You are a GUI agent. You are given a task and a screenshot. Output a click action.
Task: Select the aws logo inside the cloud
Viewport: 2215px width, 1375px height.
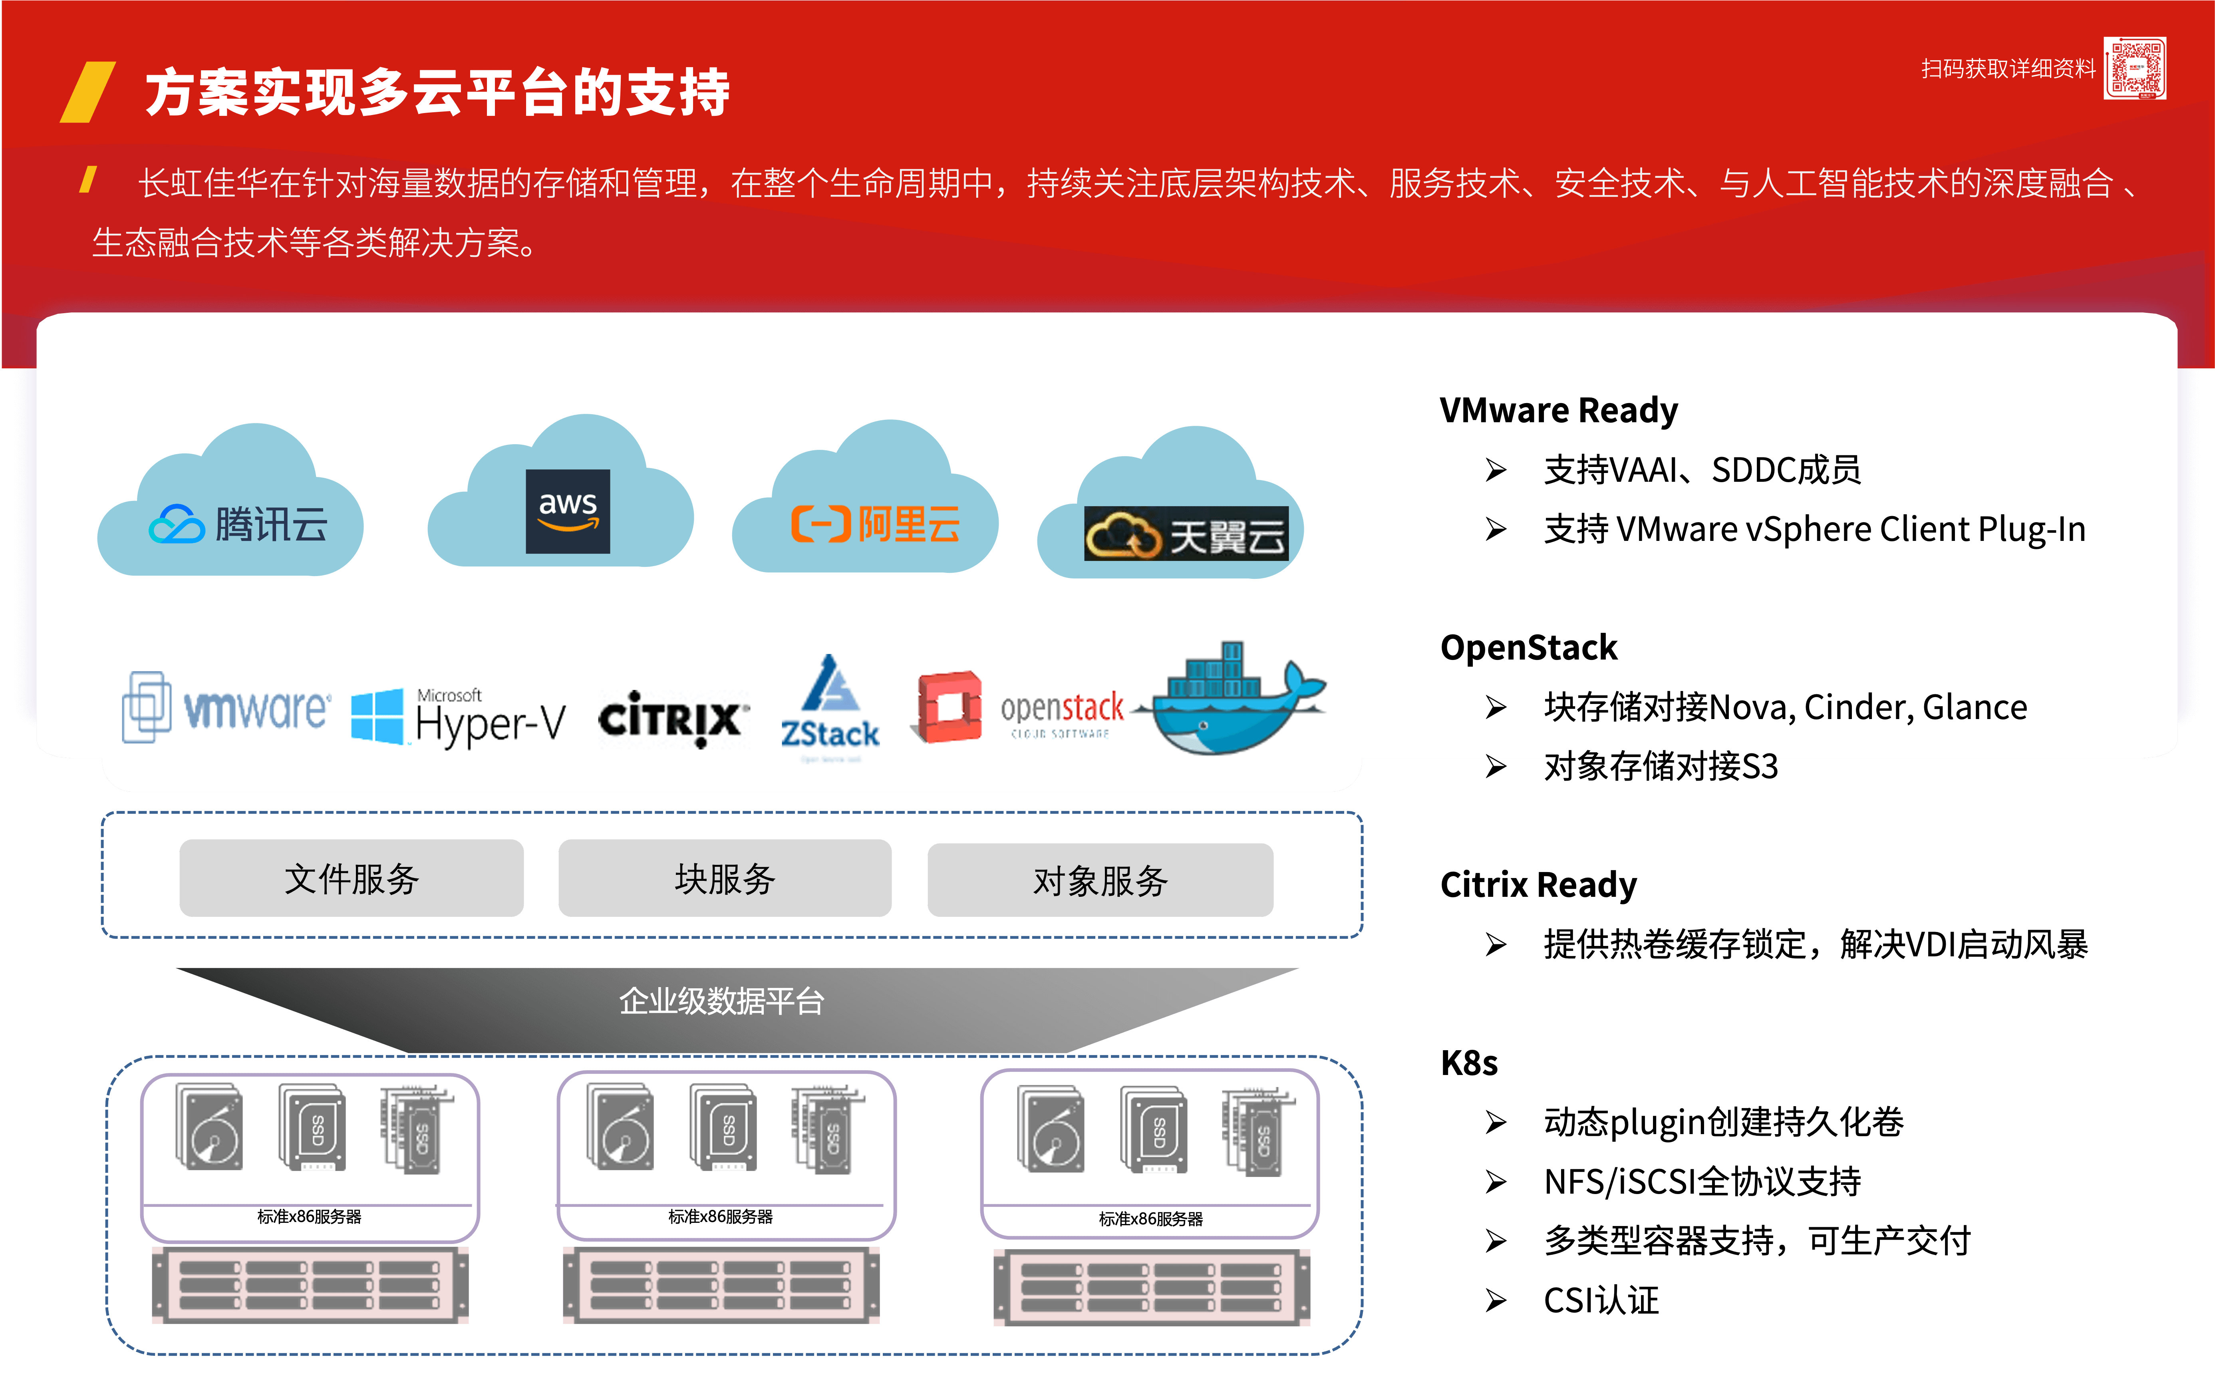pyautogui.click(x=567, y=511)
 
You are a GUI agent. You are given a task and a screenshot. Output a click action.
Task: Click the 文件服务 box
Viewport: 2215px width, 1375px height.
pyautogui.click(x=351, y=878)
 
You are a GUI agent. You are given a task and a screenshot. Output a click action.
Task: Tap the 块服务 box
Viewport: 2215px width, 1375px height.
pyautogui.click(x=725, y=878)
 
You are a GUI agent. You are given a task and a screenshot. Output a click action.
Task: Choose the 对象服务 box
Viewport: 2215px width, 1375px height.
pyautogui.click(x=1100, y=880)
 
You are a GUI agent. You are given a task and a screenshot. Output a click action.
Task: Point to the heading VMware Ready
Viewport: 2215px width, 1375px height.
pyautogui.click(x=1557, y=410)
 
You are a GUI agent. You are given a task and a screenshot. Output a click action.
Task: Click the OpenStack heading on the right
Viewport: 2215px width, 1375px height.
pyautogui.click(x=1528, y=648)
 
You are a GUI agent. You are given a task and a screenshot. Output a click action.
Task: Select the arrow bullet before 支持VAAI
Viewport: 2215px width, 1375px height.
pyautogui.click(x=1496, y=470)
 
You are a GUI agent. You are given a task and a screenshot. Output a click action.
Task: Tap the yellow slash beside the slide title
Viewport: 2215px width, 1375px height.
pyautogui.click(x=88, y=92)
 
